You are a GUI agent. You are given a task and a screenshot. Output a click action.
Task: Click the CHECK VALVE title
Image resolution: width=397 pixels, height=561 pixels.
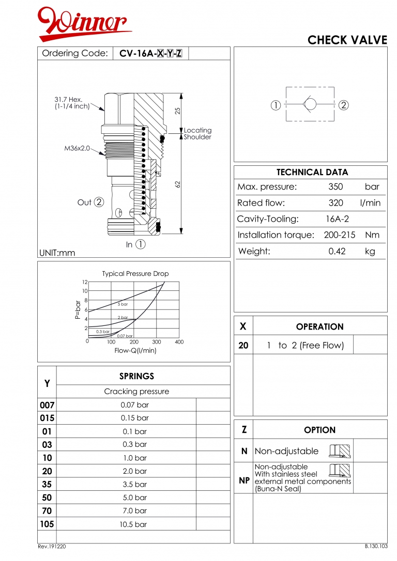(347, 40)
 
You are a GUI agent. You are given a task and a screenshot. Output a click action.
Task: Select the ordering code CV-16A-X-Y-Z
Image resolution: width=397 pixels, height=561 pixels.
(150, 53)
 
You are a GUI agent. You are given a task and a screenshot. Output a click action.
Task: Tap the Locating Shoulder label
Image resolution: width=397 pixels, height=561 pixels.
(197, 134)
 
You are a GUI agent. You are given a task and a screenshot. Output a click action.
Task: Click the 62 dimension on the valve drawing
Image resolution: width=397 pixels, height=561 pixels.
(178, 183)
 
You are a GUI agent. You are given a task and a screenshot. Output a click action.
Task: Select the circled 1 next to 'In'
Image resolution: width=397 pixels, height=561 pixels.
(140, 245)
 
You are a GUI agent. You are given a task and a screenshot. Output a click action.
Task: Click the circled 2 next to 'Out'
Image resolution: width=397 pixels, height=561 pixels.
(99, 202)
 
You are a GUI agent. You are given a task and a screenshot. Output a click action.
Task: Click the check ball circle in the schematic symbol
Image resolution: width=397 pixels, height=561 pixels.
(310, 105)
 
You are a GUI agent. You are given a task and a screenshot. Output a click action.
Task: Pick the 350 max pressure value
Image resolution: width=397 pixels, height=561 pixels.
(335, 187)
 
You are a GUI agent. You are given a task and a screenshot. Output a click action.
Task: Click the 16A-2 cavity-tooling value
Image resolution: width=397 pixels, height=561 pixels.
(337, 219)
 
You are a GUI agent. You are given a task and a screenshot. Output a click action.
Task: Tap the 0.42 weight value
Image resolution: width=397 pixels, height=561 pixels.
(337, 252)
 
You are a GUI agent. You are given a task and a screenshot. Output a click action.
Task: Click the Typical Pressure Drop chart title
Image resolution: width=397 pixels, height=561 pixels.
(135, 274)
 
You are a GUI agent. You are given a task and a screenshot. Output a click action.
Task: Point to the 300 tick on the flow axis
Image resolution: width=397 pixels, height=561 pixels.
(157, 342)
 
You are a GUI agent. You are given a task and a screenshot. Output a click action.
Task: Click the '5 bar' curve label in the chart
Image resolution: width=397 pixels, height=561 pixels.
(123, 304)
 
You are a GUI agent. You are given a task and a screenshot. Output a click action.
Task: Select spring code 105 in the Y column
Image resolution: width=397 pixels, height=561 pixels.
(47, 524)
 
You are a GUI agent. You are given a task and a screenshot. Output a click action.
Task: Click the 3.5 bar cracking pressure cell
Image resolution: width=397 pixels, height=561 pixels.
(134, 485)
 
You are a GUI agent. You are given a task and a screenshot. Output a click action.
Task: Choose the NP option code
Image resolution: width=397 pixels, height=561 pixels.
(244, 480)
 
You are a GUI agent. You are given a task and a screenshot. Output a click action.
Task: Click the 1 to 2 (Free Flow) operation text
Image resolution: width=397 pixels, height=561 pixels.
(305, 346)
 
